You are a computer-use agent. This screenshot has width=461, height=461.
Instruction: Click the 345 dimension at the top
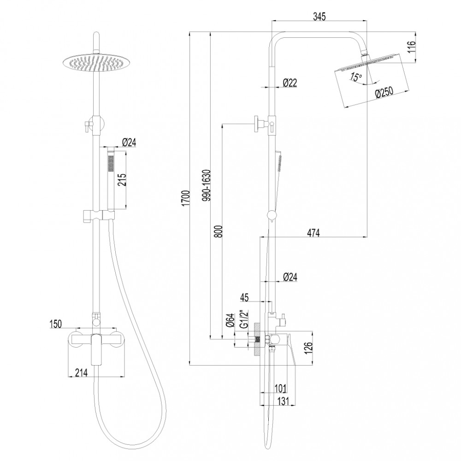click(x=319, y=17)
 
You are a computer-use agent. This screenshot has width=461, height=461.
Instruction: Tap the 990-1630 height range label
click(x=207, y=185)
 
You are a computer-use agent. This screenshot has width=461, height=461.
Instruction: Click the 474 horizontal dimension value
click(x=313, y=232)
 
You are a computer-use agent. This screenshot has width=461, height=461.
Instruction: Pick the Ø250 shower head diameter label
click(x=384, y=93)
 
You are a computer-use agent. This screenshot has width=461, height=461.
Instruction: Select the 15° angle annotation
click(x=356, y=77)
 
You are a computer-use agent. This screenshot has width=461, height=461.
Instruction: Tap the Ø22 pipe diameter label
click(x=290, y=83)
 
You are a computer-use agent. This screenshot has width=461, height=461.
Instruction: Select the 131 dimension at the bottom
click(x=283, y=401)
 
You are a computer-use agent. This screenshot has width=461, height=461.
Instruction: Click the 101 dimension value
click(x=280, y=389)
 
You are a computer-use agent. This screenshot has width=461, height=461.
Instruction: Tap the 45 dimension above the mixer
click(x=244, y=297)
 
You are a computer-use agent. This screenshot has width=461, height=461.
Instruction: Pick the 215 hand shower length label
click(x=122, y=180)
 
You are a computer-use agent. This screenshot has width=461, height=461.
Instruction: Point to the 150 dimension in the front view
click(x=55, y=324)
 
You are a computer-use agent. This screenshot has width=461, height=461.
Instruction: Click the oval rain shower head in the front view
click(x=97, y=63)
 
